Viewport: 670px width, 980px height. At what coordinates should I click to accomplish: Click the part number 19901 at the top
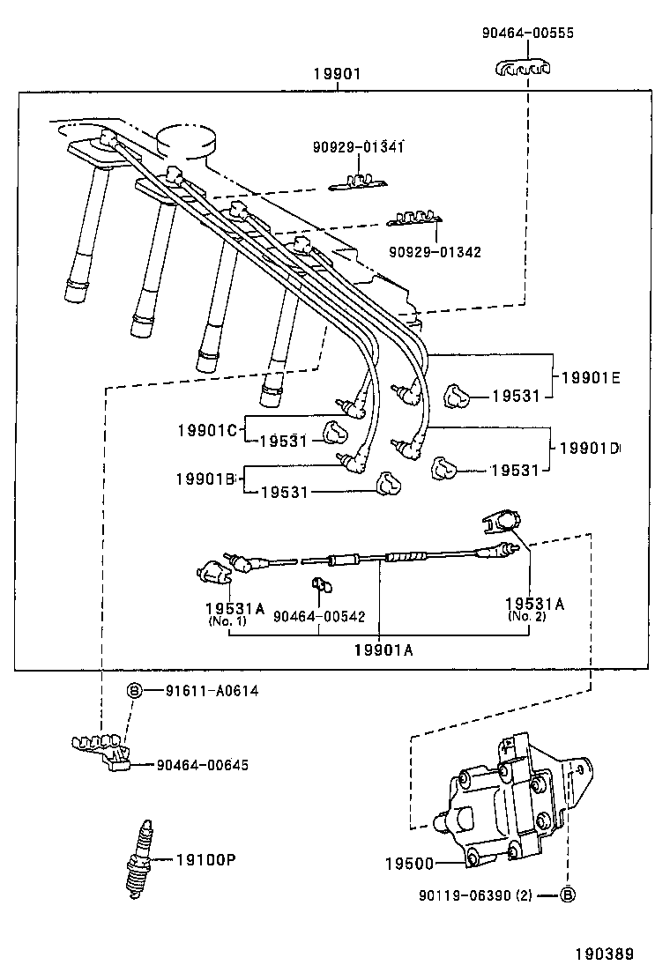(x=337, y=75)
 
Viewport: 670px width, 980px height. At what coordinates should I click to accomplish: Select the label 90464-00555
(x=527, y=33)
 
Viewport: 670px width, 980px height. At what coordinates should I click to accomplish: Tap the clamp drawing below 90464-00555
(x=526, y=67)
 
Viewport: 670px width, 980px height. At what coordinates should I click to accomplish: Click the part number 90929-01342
(x=435, y=252)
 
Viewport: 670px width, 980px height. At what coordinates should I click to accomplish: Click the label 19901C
(x=207, y=430)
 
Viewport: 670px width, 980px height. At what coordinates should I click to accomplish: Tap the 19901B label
(x=205, y=479)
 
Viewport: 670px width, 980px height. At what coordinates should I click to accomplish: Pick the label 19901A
(x=383, y=650)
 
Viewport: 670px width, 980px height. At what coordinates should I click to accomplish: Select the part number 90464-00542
(x=319, y=618)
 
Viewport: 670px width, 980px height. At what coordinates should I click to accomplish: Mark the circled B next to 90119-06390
(x=568, y=895)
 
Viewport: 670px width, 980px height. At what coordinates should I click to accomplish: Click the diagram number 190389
(x=605, y=954)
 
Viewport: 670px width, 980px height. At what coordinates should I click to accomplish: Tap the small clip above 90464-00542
(x=319, y=584)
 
